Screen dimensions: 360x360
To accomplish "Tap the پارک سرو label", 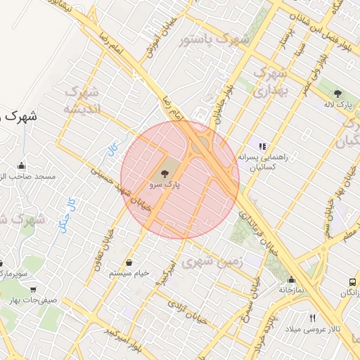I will (x=165, y=185).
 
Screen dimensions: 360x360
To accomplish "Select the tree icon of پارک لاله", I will (x=337, y=94).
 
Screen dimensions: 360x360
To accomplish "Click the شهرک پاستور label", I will (x=214, y=40).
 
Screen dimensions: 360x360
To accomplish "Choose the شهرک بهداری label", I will (x=271, y=82).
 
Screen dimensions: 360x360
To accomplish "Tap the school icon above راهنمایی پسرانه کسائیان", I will (x=263, y=146).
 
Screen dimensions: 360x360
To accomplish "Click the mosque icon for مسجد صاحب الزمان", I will (x=22, y=166).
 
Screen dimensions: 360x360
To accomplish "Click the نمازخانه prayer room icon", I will (x=291, y=279).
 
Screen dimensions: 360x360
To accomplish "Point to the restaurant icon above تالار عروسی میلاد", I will (x=312, y=318).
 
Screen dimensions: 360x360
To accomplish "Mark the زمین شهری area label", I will (x=211, y=262).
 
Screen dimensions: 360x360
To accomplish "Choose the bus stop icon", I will (x=352, y=282).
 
